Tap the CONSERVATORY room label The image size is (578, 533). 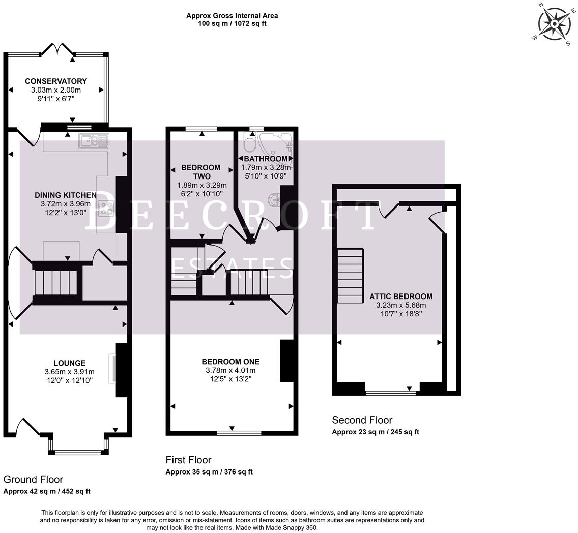tap(56, 81)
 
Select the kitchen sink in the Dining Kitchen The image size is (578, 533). tap(94, 141)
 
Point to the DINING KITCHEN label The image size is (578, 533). tap(66, 195)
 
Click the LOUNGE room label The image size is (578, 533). tap(70, 363)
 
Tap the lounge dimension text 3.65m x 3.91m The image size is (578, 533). tap(70, 372)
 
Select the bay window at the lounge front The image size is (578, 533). tap(78, 451)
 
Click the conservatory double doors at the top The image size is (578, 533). tap(57, 50)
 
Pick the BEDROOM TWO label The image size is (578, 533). tap(201, 172)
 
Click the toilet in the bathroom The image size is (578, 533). tap(249, 145)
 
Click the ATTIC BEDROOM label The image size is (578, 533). tap(401, 297)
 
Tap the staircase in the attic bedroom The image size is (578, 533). tap(350, 275)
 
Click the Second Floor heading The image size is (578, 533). tap(362, 420)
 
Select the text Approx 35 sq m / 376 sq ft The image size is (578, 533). tap(209, 472)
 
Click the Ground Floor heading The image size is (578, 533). tap(34, 479)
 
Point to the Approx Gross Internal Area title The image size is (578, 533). tap(232, 16)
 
